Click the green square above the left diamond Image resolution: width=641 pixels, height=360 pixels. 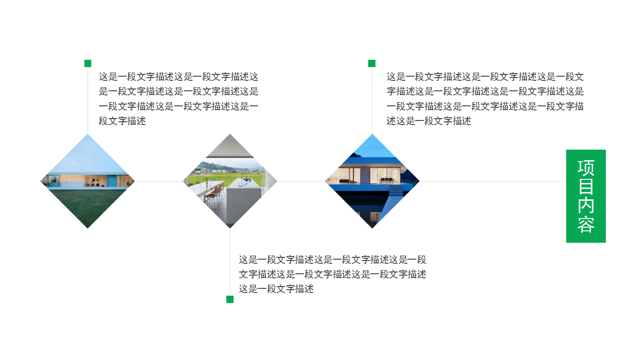[x=88, y=63]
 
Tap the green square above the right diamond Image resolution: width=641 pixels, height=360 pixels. [x=372, y=63]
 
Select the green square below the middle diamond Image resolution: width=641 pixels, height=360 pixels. [x=230, y=299]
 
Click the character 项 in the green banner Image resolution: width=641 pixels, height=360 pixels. [x=586, y=167]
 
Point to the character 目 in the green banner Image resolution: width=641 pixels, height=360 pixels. [x=586, y=187]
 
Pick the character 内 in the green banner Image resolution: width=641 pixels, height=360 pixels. [x=586, y=205]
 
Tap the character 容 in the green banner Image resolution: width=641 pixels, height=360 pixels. [x=586, y=224]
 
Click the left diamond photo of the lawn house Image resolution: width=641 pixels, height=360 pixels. [x=88, y=181]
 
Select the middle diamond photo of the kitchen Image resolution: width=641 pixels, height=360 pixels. [x=230, y=181]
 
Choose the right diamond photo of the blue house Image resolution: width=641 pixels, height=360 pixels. [x=372, y=181]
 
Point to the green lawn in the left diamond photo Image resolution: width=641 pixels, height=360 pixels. [x=88, y=205]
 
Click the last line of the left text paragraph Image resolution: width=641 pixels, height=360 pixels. [x=122, y=121]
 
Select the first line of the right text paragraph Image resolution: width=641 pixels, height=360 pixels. [x=485, y=77]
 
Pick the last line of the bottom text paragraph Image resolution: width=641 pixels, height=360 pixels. [x=276, y=289]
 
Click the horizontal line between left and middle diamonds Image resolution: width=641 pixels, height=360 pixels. [x=159, y=181]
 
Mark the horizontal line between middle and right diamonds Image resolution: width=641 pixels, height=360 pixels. [x=301, y=181]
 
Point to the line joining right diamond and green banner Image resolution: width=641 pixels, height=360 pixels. [x=490, y=181]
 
